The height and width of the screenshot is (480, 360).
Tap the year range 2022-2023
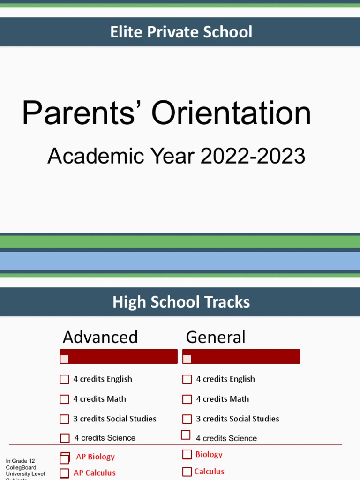253,156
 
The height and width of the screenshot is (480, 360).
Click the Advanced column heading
100,337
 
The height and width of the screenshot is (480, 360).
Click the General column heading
216,337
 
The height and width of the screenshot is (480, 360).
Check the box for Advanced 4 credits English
64,379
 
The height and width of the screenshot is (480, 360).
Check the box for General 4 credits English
187,379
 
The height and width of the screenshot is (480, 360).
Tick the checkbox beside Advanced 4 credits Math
64,399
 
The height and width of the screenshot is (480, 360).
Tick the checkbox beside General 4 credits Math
187,399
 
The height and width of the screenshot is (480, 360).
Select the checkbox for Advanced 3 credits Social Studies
64,419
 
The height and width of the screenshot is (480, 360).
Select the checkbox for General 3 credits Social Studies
187,419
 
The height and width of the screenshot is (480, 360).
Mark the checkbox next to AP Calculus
64,473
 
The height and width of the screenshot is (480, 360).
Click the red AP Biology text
95,457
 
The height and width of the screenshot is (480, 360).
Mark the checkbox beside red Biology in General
187,454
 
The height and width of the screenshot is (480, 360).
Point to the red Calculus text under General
210,472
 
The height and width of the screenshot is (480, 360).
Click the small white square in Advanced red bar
64,359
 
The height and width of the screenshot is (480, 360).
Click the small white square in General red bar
187,359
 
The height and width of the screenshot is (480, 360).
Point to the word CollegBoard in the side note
21,467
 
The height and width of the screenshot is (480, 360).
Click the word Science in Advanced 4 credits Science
121,438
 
